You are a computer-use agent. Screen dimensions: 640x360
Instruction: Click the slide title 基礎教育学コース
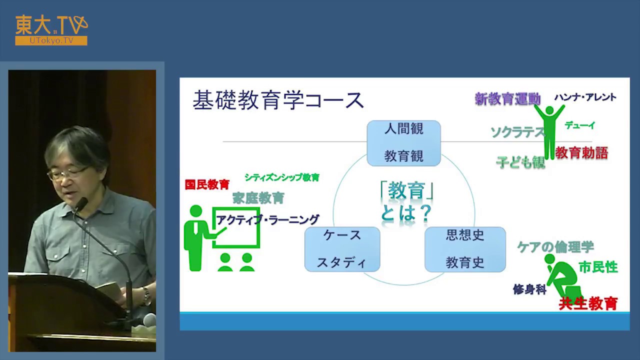(x=278, y=100)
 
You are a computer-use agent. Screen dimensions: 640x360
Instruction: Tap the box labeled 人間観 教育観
(x=403, y=143)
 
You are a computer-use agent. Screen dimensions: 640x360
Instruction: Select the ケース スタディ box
(x=342, y=249)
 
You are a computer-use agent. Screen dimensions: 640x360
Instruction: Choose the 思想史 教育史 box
(x=465, y=249)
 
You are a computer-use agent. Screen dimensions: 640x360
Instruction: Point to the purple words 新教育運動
(x=507, y=99)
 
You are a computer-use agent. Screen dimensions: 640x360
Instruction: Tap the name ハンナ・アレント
(x=585, y=97)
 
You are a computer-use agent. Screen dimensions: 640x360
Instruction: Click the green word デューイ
(x=580, y=125)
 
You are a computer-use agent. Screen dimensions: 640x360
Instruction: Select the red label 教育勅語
(x=581, y=153)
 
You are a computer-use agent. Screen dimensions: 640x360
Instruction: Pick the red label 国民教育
(x=207, y=184)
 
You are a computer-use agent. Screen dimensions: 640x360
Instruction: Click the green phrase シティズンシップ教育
(x=281, y=177)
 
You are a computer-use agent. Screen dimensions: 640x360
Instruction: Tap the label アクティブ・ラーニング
(x=267, y=220)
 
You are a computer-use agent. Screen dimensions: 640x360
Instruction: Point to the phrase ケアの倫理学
(x=555, y=247)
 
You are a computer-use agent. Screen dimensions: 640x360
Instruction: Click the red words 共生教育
(x=588, y=303)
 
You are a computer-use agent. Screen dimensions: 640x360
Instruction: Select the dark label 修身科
(x=529, y=289)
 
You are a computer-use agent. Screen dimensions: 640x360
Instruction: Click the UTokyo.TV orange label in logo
(x=51, y=41)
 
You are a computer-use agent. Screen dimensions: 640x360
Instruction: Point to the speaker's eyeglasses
(x=67, y=173)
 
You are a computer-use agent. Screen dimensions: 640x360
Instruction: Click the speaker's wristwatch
(x=146, y=295)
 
